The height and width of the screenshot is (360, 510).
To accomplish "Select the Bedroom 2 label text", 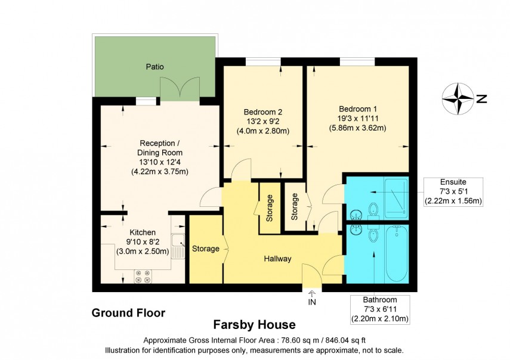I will (x=262, y=112).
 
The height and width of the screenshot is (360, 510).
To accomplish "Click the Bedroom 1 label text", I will (x=358, y=109).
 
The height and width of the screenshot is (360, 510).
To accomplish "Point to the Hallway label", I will (x=278, y=259).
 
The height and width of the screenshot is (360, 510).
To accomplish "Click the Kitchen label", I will (x=143, y=232).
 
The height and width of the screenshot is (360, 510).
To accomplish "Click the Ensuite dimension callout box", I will (x=453, y=191).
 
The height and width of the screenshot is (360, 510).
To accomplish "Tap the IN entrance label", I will (x=311, y=302).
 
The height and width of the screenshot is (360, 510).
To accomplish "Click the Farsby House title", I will (x=255, y=325).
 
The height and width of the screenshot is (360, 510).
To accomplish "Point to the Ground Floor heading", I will (x=128, y=312).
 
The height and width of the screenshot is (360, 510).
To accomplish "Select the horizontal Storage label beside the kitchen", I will (x=205, y=249).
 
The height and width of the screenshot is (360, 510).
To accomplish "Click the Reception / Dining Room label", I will (x=159, y=157).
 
